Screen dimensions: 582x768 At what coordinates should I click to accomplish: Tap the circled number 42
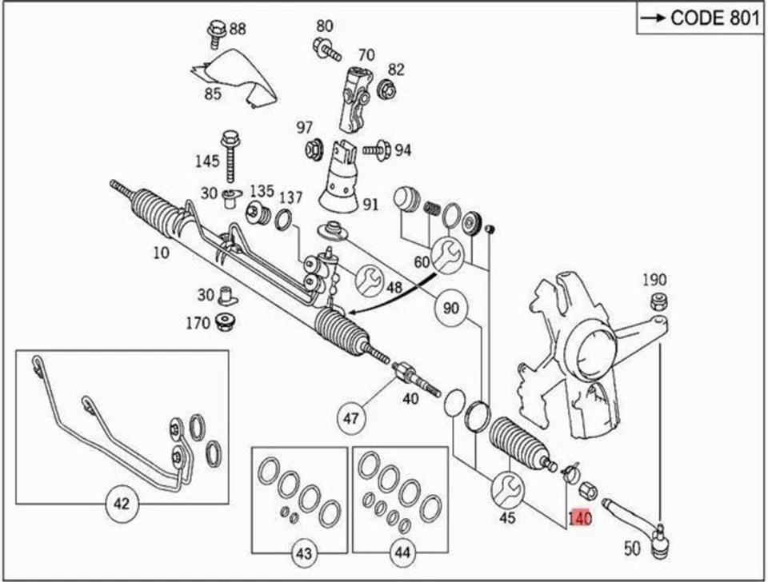[122, 504]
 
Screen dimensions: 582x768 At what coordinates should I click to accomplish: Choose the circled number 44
[400, 553]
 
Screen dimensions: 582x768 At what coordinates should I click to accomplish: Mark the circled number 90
[451, 308]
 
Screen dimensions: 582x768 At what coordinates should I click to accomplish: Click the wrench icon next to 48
[369, 278]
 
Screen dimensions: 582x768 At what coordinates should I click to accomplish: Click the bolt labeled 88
[214, 32]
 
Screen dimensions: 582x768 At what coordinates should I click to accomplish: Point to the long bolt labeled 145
[233, 156]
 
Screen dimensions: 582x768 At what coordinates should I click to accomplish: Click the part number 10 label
[162, 253]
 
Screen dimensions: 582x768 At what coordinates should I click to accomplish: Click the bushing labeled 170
[223, 324]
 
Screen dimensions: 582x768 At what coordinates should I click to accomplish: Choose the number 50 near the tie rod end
[632, 548]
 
